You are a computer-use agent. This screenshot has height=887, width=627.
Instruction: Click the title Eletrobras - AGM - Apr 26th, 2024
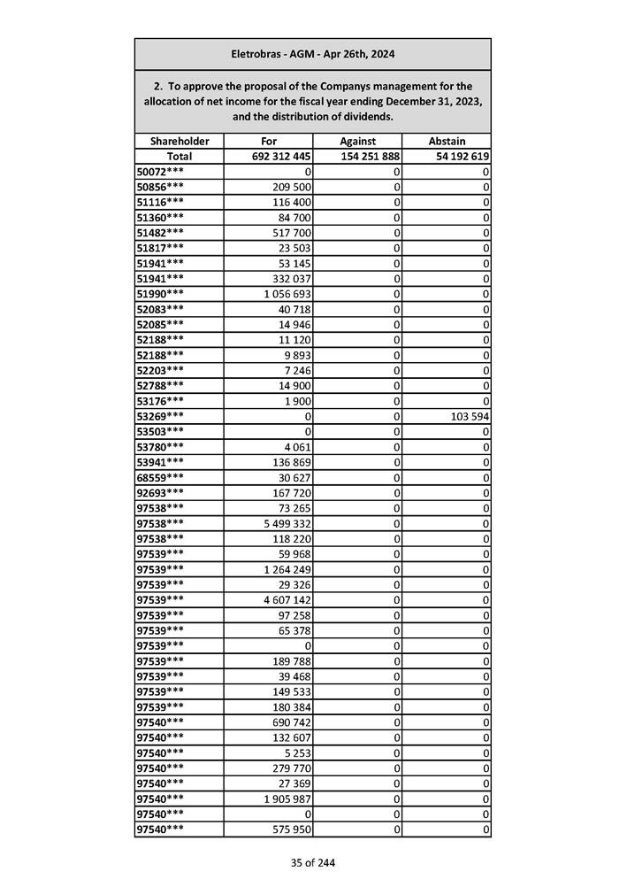(312, 54)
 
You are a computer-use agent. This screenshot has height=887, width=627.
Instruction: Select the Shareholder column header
(180, 141)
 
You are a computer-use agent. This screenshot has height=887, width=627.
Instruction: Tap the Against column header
(357, 141)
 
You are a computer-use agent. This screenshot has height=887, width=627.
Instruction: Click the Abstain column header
(447, 141)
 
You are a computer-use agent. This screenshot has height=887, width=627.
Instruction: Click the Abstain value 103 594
(469, 416)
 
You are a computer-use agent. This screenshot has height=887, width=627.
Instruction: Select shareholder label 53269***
(161, 416)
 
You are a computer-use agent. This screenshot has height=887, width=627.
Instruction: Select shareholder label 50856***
(161, 187)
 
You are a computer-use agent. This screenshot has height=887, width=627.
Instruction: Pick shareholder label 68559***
(161, 477)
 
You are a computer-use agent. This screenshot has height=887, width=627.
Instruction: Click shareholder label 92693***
(161, 492)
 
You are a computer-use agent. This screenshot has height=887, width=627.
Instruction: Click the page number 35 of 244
(312, 863)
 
